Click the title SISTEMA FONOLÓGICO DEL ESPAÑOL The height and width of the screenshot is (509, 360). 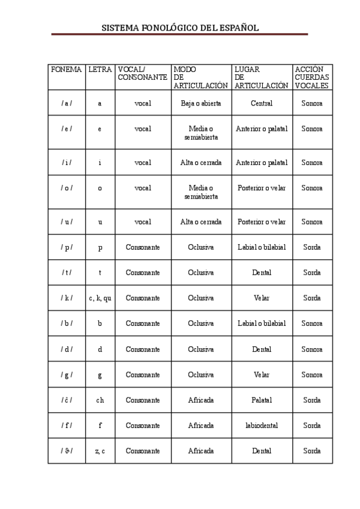(x=180, y=28)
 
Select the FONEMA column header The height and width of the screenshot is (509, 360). (x=66, y=70)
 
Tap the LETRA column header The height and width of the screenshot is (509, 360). (x=100, y=70)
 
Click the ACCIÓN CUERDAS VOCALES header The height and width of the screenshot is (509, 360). (x=312, y=77)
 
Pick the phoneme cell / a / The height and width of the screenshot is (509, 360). (x=67, y=103)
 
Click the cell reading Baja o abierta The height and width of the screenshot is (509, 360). (x=201, y=103)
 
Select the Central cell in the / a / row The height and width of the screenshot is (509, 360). (x=262, y=103)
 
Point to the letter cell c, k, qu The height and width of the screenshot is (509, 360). (x=100, y=298)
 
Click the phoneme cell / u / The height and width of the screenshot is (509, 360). (x=67, y=221)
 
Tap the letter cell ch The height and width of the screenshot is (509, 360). (x=100, y=400)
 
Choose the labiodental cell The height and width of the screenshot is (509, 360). (x=262, y=426)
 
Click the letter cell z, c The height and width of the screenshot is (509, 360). (x=100, y=451)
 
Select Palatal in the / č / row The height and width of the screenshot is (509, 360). (x=262, y=400)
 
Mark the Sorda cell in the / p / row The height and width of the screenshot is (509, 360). (x=312, y=247)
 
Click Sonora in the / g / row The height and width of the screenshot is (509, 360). (x=312, y=375)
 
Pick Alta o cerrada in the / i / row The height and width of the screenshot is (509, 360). (x=201, y=163)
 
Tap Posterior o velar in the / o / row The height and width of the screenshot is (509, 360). (x=262, y=188)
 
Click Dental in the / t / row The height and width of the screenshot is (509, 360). (x=262, y=273)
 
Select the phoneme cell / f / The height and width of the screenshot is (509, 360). (x=67, y=426)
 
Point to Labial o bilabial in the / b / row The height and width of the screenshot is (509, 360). (x=262, y=324)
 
